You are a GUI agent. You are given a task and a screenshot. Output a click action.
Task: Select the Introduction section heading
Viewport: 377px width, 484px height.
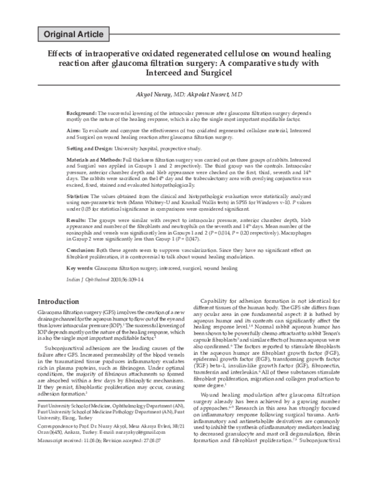62,301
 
